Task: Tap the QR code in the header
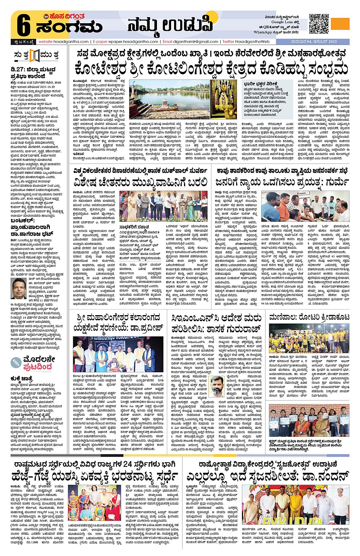pyautogui.click(x=318, y=24)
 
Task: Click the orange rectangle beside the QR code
pyautogui.click(x=340, y=24)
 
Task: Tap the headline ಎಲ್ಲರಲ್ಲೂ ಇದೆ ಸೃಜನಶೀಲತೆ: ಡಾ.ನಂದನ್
pyautogui.click(x=268, y=476)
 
